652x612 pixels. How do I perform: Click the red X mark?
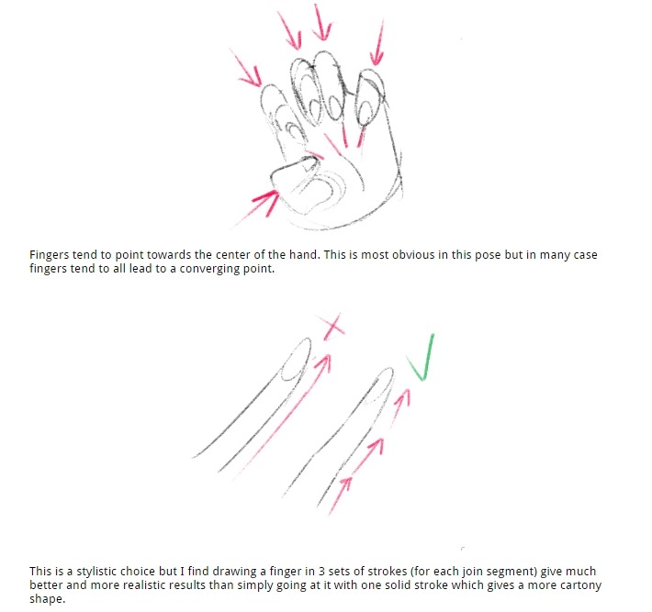[x=332, y=327]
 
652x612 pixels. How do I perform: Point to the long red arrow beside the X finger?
[x=281, y=417]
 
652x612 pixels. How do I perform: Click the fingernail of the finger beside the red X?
[x=296, y=360]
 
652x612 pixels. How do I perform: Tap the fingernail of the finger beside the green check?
[x=379, y=386]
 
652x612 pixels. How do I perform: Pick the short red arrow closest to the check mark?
[x=400, y=407]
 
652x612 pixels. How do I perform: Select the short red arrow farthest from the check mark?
[x=340, y=495]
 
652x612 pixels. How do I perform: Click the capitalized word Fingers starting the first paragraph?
[x=49, y=255]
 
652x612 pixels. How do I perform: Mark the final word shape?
[x=48, y=599]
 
